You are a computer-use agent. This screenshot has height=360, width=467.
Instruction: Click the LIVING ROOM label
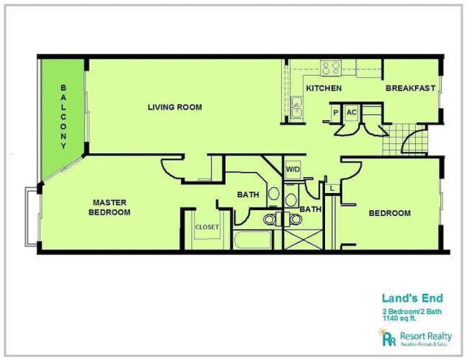point(175,107)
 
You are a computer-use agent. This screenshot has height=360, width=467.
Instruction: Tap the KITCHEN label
point(324,89)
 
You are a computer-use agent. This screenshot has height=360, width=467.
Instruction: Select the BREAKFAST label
point(410,88)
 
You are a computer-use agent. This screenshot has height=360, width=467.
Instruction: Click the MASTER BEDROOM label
point(110,207)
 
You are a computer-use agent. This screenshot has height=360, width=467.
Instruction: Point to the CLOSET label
point(207,228)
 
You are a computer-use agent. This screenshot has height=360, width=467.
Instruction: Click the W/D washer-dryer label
point(293,169)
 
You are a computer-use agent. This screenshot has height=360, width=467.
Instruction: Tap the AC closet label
point(352,112)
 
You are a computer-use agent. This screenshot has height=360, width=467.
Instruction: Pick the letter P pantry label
point(336,113)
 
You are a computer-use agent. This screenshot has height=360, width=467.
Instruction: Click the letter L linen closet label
point(332,189)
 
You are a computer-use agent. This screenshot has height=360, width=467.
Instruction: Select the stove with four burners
point(331,68)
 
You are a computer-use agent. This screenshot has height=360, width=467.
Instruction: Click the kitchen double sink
point(296,107)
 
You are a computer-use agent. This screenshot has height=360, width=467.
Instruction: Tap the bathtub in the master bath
point(252,240)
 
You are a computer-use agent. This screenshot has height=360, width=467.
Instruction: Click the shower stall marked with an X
point(303,240)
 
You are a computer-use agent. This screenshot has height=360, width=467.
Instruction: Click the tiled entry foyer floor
point(405,140)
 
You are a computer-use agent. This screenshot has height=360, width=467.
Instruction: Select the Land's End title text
point(412,298)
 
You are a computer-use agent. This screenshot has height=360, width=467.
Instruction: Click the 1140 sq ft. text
point(399,318)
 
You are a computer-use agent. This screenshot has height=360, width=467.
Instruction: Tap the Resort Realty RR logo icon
point(387,337)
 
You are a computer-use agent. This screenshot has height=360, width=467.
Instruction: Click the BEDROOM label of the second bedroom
point(390,213)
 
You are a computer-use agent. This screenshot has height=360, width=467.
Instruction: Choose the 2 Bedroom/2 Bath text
point(412,312)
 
